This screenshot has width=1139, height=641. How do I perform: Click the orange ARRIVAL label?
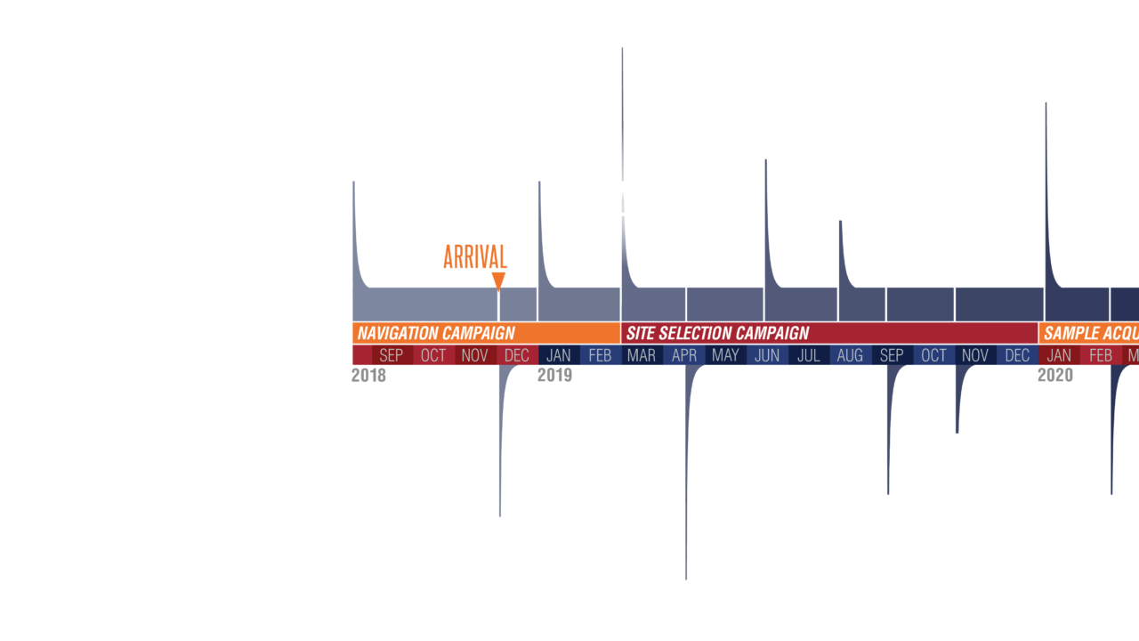[x=475, y=257]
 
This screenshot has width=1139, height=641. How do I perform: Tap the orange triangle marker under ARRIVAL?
[x=498, y=281]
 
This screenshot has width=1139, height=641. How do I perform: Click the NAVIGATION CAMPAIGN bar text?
[x=436, y=334]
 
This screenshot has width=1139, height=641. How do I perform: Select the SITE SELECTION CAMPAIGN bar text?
[x=717, y=334]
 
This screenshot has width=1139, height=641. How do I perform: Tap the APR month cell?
[x=684, y=356]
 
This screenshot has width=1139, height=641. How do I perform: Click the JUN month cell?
[x=767, y=356]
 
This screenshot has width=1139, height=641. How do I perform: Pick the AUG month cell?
[x=850, y=356]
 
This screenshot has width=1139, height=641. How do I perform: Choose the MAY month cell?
[x=725, y=356]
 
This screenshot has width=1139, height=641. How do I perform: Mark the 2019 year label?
[x=554, y=376]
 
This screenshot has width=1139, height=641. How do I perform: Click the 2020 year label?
[x=1055, y=376]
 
